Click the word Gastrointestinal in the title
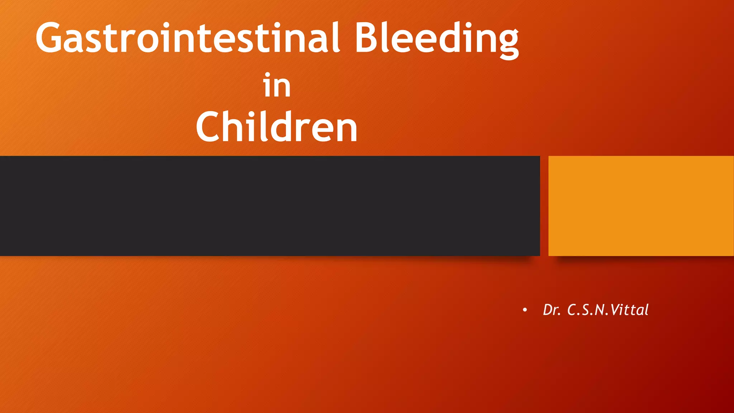[x=187, y=38]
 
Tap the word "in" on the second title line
[x=277, y=86]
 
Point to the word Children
[x=277, y=127]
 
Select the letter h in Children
[x=234, y=126]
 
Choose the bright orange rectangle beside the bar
[x=641, y=206]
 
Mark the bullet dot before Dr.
[x=525, y=310]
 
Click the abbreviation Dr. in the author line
[x=552, y=310]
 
